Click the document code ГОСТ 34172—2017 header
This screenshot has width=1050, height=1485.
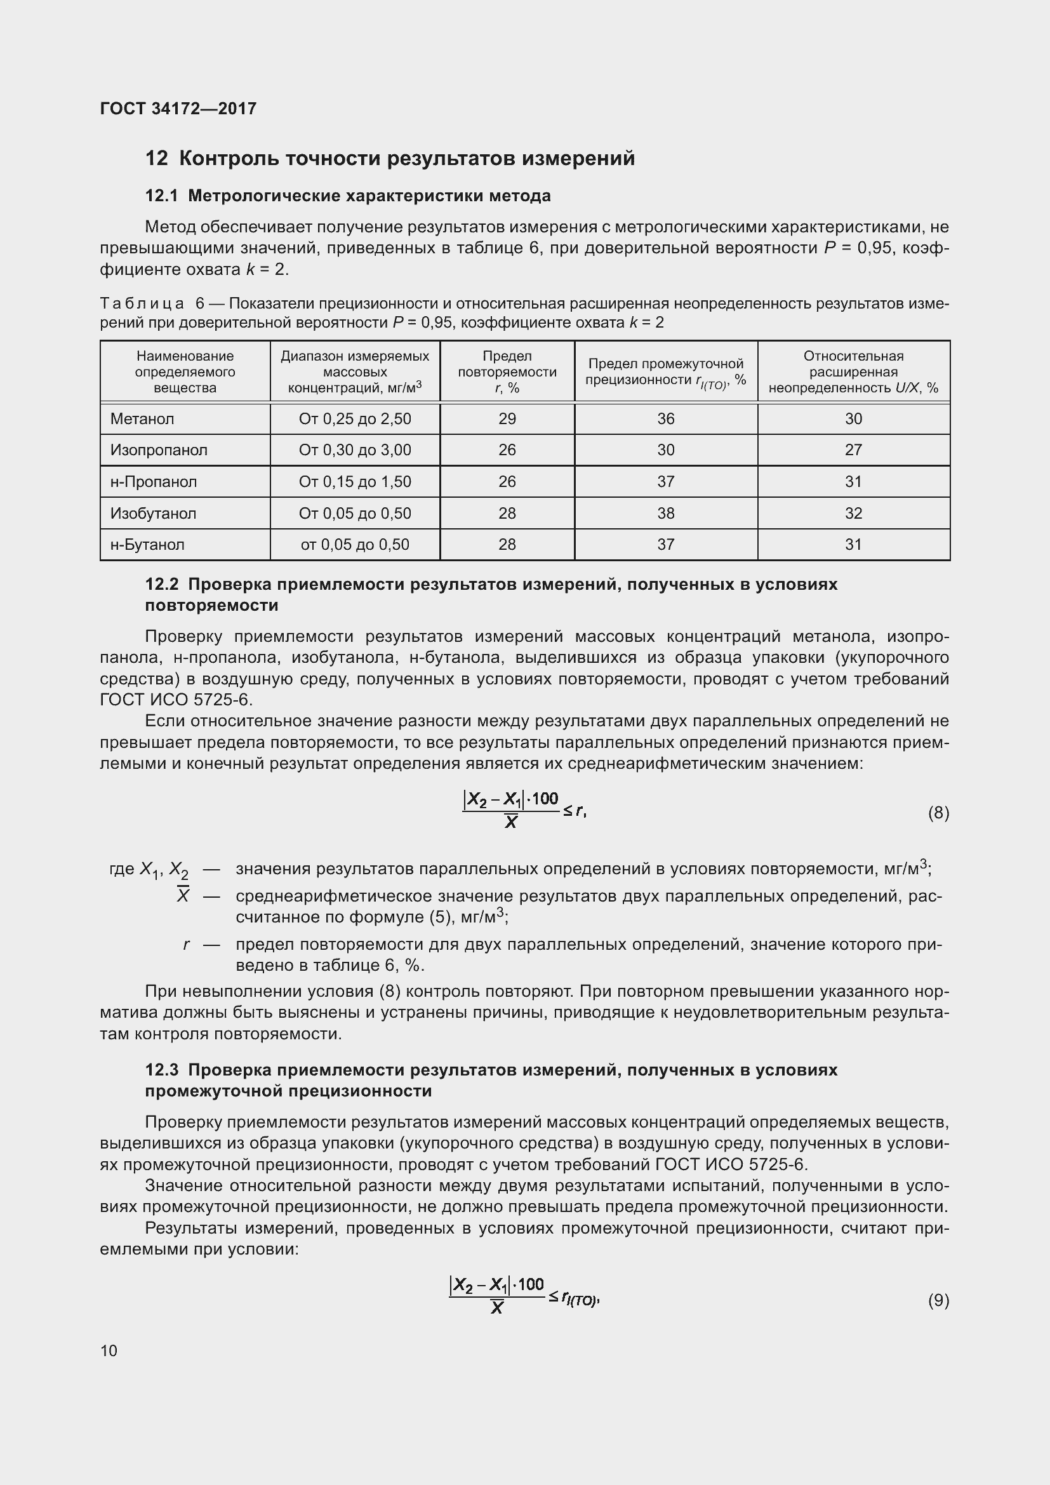[178, 109]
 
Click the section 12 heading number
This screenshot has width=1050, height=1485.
[156, 159]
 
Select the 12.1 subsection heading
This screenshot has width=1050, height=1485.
[348, 196]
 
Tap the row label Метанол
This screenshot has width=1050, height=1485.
[142, 419]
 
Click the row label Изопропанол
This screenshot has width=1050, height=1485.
[159, 450]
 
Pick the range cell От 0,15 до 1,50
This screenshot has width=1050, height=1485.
[355, 482]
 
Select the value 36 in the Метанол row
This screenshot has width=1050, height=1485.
[665, 419]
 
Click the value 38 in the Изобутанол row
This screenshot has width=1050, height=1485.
[665, 514]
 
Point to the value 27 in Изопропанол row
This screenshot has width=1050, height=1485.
[853, 450]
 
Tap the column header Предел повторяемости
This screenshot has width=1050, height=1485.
[507, 372]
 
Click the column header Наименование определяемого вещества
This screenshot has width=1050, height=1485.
[185, 372]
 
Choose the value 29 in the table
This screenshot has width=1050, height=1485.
[507, 419]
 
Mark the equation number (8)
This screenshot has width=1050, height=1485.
[938, 813]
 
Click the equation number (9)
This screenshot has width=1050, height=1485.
[938, 1300]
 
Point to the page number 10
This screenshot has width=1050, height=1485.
[109, 1350]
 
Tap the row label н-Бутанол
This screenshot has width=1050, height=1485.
[147, 545]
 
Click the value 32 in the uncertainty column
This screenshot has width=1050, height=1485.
[853, 514]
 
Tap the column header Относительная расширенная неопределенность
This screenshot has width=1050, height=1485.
[853, 372]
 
